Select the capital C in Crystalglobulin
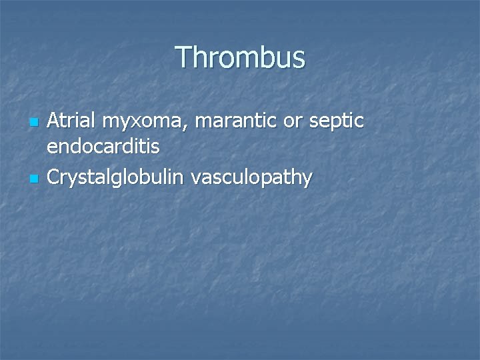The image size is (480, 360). (x=55, y=177)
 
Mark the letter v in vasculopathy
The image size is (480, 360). (x=196, y=179)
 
